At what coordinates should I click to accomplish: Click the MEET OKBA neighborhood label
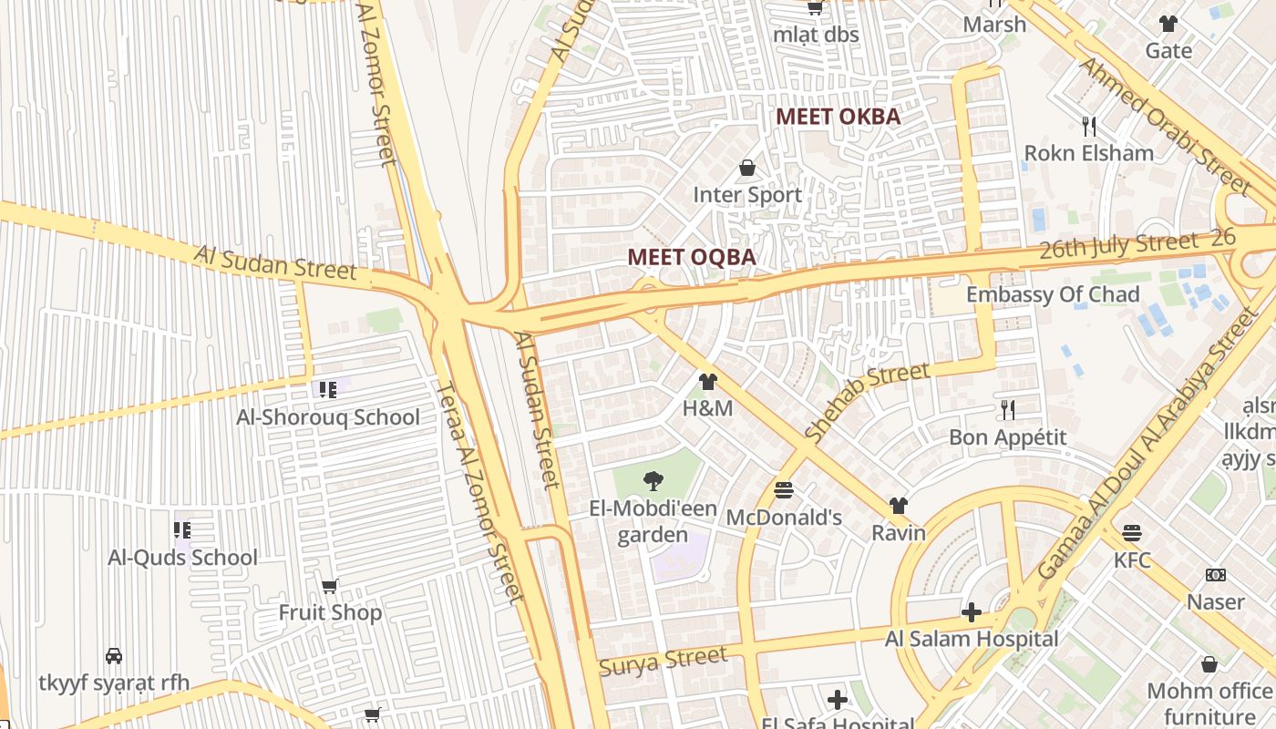click(x=838, y=117)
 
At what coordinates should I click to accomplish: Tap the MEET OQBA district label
click(x=692, y=258)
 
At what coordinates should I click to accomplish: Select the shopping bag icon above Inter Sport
click(x=747, y=169)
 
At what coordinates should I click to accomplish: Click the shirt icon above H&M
click(x=707, y=382)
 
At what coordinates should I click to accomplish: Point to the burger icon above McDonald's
click(x=783, y=490)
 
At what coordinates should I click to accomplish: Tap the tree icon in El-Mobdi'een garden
click(x=653, y=481)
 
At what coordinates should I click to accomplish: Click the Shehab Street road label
click(x=868, y=403)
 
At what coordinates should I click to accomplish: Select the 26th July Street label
click(x=1118, y=245)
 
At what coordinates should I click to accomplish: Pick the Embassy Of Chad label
click(x=1053, y=294)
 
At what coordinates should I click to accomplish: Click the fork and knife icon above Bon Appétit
click(x=1007, y=410)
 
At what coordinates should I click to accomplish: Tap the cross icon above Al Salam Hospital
click(x=972, y=611)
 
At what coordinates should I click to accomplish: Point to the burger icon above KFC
click(x=1132, y=532)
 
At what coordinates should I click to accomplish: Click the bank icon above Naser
click(x=1215, y=575)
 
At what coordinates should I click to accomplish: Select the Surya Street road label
click(x=664, y=662)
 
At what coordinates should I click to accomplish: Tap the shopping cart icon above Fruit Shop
click(x=329, y=585)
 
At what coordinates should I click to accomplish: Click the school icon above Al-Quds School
click(x=182, y=529)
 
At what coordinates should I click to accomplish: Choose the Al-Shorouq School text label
click(x=328, y=417)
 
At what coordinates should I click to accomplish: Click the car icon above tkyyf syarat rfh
click(x=114, y=655)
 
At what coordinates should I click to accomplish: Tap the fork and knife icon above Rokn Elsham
click(x=1088, y=126)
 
